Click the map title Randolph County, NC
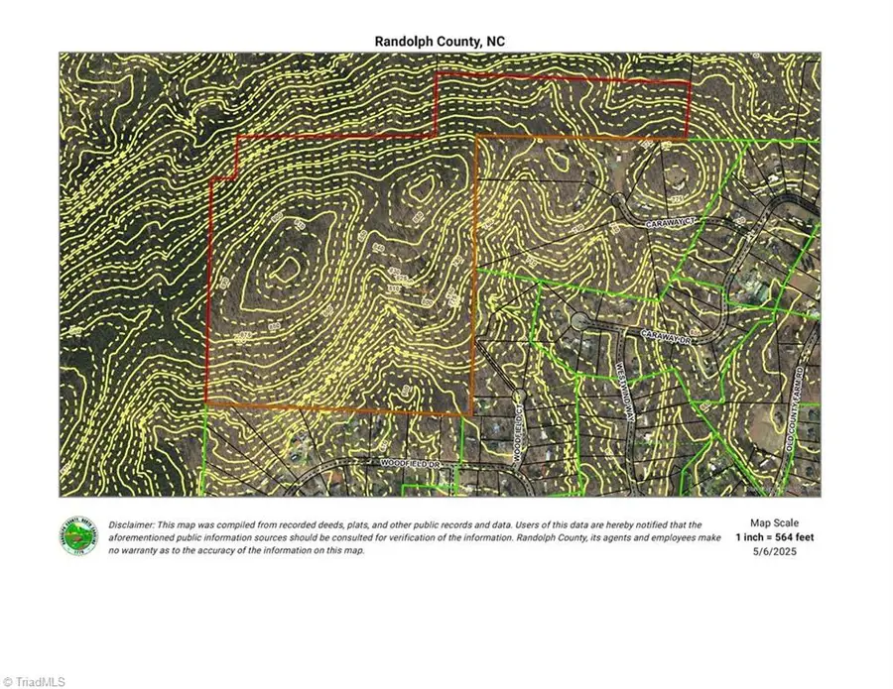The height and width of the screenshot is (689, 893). click(x=440, y=41)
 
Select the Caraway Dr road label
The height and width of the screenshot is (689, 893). click(x=664, y=337)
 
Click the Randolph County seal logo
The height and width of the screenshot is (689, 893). click(x=78, y=536)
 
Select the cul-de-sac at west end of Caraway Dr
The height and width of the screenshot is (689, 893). click(x=578, y=321)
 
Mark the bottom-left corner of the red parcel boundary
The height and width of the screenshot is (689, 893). click(x=206, y=402)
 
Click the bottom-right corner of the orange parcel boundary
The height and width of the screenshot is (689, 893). click(x=471, y=414)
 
